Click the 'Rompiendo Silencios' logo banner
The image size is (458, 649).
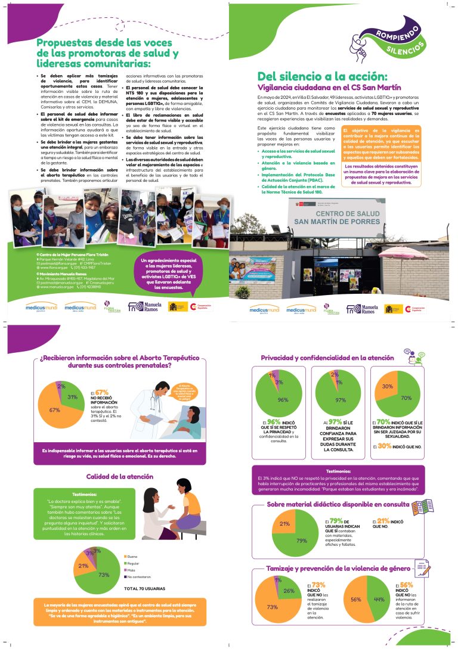point(397,36)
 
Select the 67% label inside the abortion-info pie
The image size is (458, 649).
point(55,410)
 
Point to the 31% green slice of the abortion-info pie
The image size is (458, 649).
point(73,397)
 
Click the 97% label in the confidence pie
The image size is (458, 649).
point(341,400)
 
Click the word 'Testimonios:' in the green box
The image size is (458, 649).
point(84,494)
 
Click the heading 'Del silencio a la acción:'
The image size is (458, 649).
point(321,76)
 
